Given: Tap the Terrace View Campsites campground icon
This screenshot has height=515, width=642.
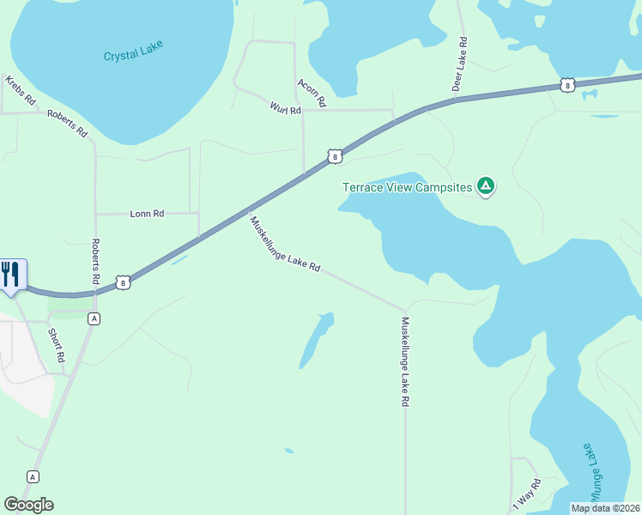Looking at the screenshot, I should point(486,186).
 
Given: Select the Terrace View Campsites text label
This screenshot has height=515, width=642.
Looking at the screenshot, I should point(408,186).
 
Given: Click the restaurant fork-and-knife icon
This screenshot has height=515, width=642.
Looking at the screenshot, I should point(10,274).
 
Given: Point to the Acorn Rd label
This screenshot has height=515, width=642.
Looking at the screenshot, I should point(312,92).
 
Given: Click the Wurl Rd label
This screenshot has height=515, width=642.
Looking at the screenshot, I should point(285,109).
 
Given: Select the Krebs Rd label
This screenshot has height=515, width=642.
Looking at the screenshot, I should point(20,90).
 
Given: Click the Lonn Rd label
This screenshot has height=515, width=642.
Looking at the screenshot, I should point(146,213).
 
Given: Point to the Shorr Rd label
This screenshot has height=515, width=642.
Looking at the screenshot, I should point(57,346).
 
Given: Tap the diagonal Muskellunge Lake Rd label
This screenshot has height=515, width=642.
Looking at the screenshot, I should point(285,244).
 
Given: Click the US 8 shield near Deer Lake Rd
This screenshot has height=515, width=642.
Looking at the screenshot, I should point(567,84).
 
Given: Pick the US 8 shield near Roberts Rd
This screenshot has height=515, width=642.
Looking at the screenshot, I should point(124,282).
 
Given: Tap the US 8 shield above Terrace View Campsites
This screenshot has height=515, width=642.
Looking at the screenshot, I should point(335,156).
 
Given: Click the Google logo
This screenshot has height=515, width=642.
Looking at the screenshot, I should point(28,505).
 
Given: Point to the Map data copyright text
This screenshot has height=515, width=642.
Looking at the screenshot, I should point(605,508).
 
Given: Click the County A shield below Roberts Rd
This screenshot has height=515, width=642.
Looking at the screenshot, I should point(94,318).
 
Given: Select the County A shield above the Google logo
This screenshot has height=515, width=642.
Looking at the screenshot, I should point(33,476).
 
